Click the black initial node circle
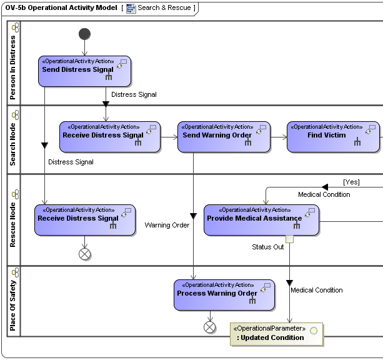point(85,34)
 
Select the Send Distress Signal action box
point(84,71)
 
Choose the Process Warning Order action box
point(224,294)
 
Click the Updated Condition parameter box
point(277,334)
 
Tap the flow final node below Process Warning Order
point(210,327)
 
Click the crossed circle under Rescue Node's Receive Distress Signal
point(85,254)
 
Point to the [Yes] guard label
point(351,182)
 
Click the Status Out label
point(268,247)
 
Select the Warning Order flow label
point(167,225)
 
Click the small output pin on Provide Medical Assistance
point(289,239)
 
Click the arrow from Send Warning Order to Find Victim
point(279,136)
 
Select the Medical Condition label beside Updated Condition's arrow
point(317,290)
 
